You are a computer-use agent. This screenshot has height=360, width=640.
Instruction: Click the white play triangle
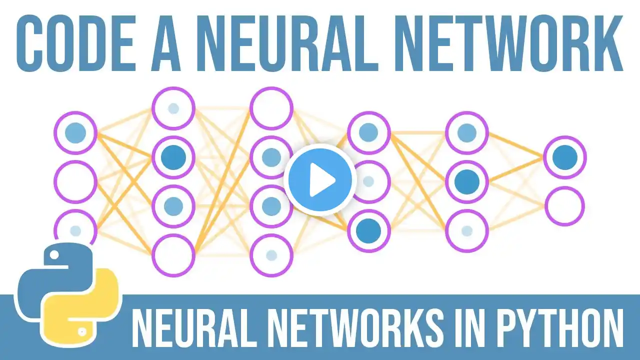(321, 180)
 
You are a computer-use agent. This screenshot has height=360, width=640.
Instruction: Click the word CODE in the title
(75, 43)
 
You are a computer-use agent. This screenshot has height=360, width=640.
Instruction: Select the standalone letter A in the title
(165, 43)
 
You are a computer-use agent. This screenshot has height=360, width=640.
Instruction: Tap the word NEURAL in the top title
(288, 43)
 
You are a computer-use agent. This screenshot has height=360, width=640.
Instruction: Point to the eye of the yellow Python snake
(82, 331)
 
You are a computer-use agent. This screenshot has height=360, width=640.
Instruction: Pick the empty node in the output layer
(565, 206)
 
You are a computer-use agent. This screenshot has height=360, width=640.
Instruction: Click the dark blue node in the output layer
(565, 157)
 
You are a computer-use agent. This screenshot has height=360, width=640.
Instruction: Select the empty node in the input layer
(75, 181)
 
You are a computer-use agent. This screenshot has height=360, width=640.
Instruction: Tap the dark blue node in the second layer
(173, 157)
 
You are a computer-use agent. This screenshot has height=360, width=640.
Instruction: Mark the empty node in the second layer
(173, 255)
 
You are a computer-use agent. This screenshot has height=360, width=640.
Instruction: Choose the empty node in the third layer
(271, 108)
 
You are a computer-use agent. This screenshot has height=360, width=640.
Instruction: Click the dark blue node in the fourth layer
(369, 231)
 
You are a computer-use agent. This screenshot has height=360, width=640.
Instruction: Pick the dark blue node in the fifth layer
(467, 181)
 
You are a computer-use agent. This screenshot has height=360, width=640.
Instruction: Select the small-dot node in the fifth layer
(467, 231)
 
